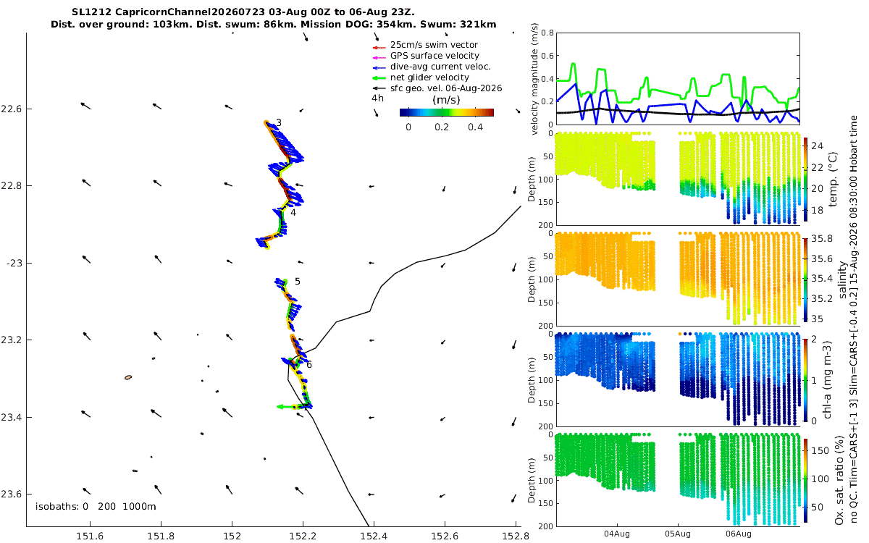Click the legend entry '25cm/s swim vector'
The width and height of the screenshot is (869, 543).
point(434,45)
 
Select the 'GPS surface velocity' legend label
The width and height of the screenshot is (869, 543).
point(434,56)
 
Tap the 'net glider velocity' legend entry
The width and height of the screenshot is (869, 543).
point(429,77)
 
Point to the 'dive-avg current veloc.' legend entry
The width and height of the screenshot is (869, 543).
point(440,67)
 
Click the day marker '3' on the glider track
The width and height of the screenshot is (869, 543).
point(279,123)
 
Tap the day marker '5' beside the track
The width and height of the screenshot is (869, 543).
point(298,281)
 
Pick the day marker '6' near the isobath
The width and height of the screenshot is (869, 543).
point(309,365)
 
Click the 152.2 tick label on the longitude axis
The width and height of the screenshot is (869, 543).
point(303,536)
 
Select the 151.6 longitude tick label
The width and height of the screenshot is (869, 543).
point(90,536)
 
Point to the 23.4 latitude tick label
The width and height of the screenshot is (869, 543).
point(11,417)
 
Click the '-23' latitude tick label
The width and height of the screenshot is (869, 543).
point(14,263)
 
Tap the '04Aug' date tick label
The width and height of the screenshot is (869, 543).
point(617,534)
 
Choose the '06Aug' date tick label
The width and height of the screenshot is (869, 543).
point(739,534)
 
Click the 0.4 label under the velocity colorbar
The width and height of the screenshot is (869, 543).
point(475,127)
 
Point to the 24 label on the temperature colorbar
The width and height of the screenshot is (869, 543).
point(818,146)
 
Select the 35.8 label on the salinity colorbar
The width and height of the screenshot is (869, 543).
point(822,238)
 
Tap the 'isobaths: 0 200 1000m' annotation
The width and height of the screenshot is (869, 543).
point(96,507)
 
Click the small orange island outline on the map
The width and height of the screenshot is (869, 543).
point(128,377)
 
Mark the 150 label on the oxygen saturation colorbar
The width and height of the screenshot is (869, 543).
point(820,450)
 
